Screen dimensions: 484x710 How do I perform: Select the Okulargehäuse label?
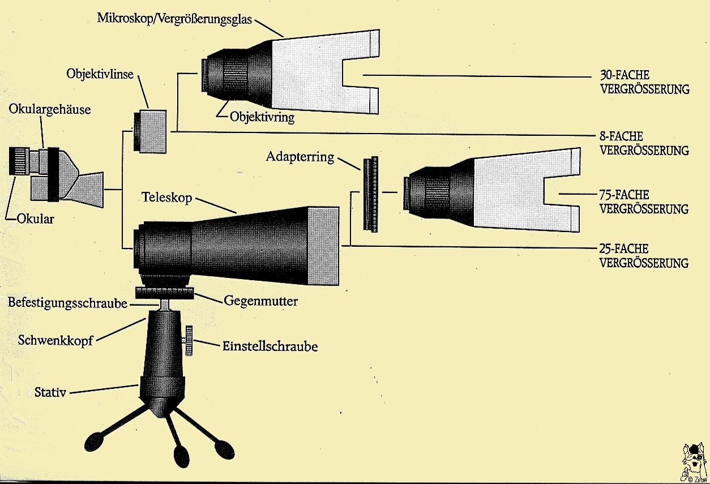[50, 109]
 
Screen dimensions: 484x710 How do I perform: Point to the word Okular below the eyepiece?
[35, 218]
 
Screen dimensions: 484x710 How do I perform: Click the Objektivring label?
[262, 118]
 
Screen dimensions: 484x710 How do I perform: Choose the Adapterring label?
[300, 157]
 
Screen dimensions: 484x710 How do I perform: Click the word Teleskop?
[167, 198]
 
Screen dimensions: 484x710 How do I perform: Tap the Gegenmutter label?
[260, 301]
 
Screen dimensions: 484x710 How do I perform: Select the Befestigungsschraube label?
[67, 302]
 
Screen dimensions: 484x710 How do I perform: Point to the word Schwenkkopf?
[55, 340]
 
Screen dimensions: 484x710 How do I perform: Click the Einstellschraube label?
[270, 346]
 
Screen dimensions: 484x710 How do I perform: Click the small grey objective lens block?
[151, 131]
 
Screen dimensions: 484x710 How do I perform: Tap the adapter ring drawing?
[371, 193]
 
